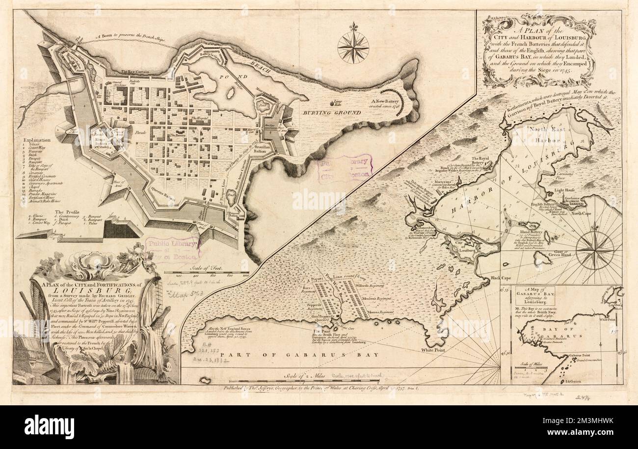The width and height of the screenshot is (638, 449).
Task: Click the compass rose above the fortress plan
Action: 353,47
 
